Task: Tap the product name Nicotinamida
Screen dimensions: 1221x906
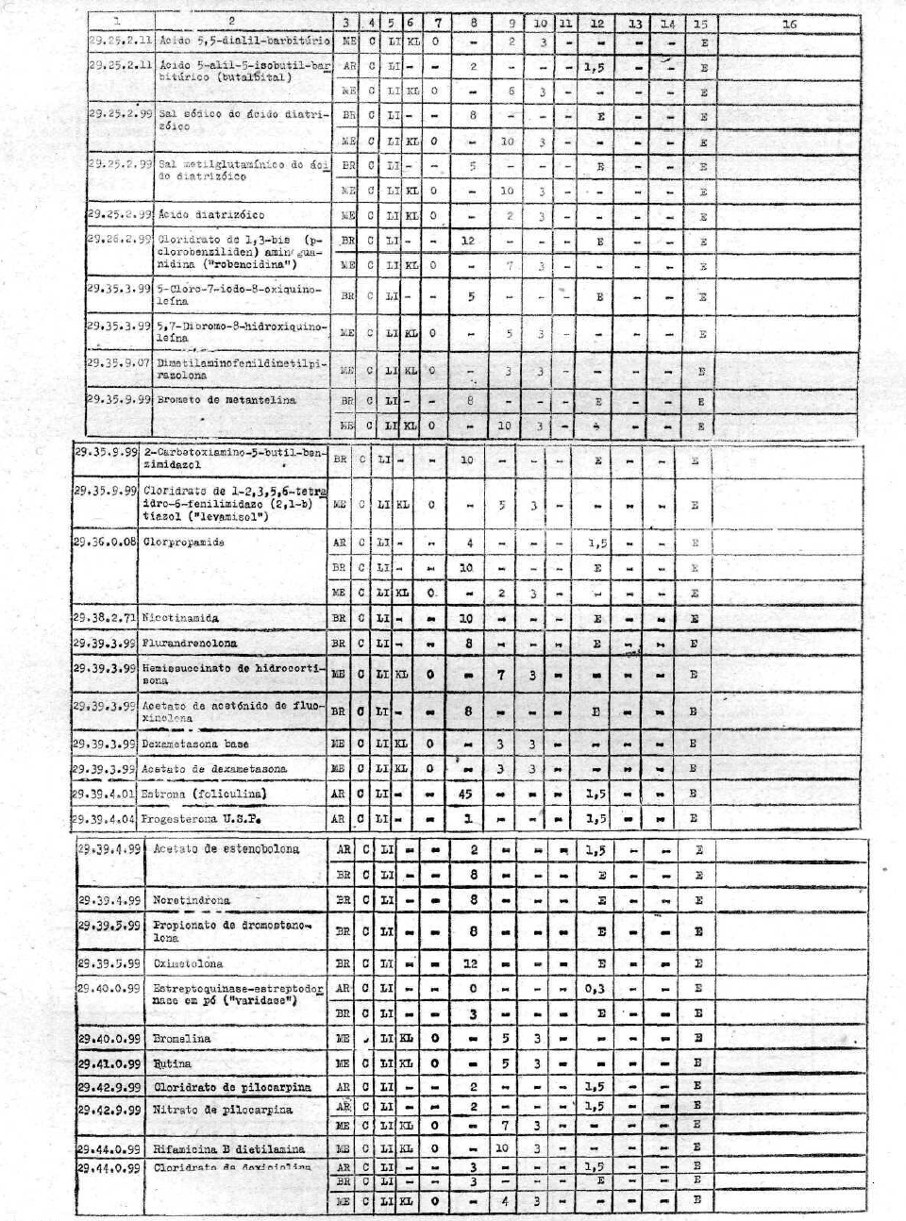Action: coord(181,618)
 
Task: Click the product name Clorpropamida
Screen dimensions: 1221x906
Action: coord(184,543)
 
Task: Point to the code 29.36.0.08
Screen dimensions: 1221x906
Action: coord(106,543)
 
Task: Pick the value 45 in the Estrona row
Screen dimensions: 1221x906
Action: coord(466,794)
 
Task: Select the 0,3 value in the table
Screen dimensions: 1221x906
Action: coord(595,988)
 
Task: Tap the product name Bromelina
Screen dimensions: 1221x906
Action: coord(182,1038)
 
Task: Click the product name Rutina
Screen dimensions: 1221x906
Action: coord(172,1062)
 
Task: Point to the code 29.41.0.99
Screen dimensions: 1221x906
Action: coord(110,1062)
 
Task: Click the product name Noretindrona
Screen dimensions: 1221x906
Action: coord(192,900)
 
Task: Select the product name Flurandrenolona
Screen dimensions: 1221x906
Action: coord(190,643)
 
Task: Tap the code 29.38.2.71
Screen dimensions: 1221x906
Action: coord(106,618)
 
